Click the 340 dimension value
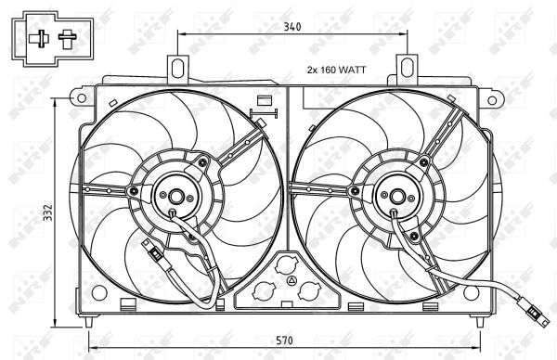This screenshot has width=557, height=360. (x=291, y=28)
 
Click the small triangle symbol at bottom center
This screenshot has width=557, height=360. (x=291, y=281)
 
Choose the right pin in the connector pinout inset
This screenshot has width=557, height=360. (x=67, y=39)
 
